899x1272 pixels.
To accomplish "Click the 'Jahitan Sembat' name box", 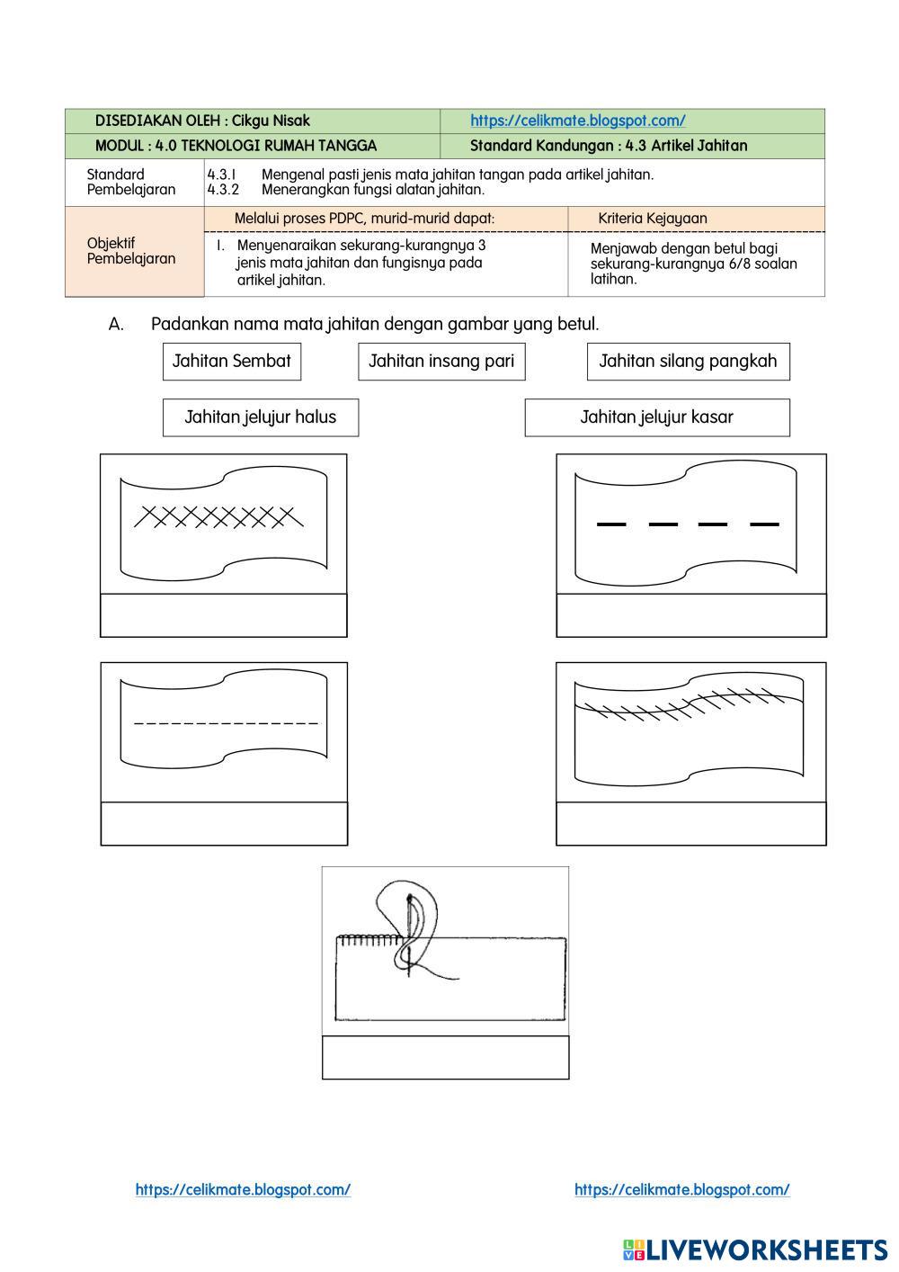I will pyautogui.click(x=232, y=362).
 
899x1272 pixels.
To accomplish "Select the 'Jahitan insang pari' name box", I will pyautogui.click(x=441, y=362).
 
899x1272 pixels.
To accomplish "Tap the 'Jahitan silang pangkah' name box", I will pyautogui.click(x=688, y=362).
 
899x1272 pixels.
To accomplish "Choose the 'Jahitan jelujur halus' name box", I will pyautogui.click(x=260, y=417).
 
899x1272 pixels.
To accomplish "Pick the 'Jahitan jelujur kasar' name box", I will pyautogui.click(x=656, y=417).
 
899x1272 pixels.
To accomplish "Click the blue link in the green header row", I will pyautogui.click(x=577, y=121).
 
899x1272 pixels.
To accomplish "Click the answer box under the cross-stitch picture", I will pyautogui.click(x=223, y=615).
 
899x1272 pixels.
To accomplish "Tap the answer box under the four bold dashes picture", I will pyautogui.click(x=690, y=615).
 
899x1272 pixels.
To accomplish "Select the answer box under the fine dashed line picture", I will pyautogui.click(x=224, y=823).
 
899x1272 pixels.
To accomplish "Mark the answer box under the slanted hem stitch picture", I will pyautogui.click(x=690, y=823).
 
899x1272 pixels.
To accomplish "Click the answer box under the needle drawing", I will pyautogui.click(x=445, y=1057).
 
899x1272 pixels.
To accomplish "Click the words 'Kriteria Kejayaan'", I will pyautogui.click(x=653, y=219).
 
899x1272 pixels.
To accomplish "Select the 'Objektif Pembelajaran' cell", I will pyautogui.click(x=131, y=251).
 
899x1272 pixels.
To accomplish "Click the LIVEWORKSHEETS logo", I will pyautogui.click(x=755, y=1250).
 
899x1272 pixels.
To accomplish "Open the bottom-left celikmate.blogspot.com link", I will pyautogui.click(x=243, y=1190).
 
